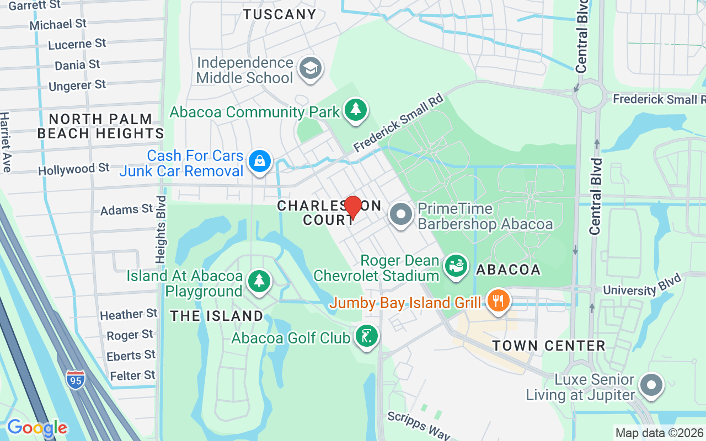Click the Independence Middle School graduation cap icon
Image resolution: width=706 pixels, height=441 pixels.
tap(310, 69)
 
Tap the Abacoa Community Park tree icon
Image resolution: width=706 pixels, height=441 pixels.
tap(356, 110)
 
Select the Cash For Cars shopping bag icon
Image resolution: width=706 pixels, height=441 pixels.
tap(258, 162)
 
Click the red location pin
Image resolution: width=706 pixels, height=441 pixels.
tap(353, 208)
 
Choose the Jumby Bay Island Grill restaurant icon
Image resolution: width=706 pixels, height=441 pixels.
tap(499, 301)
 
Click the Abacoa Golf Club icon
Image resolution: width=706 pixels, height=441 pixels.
tap(366, 336)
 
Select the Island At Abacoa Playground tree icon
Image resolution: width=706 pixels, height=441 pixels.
tap(258, 281)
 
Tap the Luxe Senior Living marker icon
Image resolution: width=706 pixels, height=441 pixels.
tap(652, 385)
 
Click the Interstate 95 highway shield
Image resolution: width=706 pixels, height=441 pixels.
tap(76, 380)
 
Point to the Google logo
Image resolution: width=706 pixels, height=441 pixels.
tap(37, 428)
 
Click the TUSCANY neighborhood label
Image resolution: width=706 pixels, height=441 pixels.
tap(280, 15)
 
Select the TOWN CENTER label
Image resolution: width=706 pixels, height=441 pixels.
tap(549, 346)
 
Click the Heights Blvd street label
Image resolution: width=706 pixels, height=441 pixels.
tap(161, 229)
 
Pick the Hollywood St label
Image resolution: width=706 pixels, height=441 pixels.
tap(74, 169)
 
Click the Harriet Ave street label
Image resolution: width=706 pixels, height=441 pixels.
tap(6, 142)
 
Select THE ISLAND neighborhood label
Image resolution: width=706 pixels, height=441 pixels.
tap(217, 316)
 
